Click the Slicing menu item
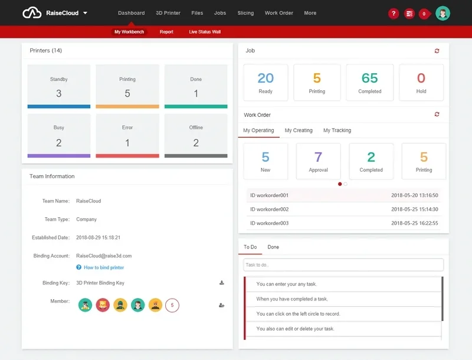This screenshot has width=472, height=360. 245,13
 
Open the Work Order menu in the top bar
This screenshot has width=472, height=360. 278,13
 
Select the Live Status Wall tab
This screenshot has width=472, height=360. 205,32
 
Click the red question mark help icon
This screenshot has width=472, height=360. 394,14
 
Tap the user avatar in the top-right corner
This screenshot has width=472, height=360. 442,14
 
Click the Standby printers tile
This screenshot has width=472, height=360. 59,86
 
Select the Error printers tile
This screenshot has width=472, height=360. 127,135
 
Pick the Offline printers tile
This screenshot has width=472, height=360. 196,135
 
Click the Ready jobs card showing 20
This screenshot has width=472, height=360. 265,82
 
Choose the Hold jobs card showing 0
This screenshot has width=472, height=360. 421,82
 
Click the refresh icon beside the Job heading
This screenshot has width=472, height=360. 437,51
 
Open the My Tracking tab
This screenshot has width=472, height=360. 337,130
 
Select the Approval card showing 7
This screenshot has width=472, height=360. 318,161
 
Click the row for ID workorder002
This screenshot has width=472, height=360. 344,210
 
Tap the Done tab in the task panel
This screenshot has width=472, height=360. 273,247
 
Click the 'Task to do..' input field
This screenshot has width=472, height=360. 343,265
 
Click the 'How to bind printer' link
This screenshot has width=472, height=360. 103,268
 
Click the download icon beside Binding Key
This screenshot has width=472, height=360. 222,283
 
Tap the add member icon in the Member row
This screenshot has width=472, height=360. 222,305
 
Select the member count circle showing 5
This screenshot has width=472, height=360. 172,305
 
